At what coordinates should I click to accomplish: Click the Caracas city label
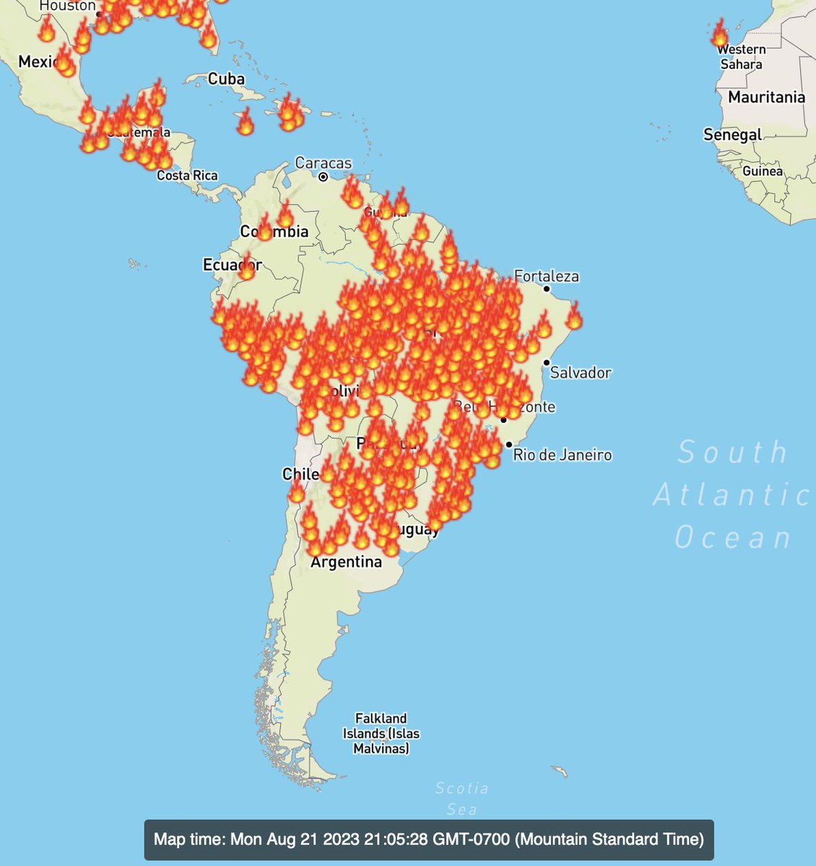324,163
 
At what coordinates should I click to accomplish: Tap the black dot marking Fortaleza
547,289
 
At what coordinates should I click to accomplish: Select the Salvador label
581,373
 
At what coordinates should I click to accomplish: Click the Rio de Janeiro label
563,455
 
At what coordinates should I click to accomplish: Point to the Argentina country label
346,562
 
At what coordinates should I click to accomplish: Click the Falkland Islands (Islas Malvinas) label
381,733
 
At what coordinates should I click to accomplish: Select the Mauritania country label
766,97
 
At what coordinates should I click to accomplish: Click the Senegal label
733,135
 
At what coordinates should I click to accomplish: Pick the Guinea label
763,172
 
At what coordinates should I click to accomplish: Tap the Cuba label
226,79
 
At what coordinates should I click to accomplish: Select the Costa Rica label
187,175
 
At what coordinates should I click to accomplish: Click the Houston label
67,6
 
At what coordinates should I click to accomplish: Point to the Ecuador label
232,266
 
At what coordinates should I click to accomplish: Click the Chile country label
301,475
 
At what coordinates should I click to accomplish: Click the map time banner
429,839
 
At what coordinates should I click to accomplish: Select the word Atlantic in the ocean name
731,496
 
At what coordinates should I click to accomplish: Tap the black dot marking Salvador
547,362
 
